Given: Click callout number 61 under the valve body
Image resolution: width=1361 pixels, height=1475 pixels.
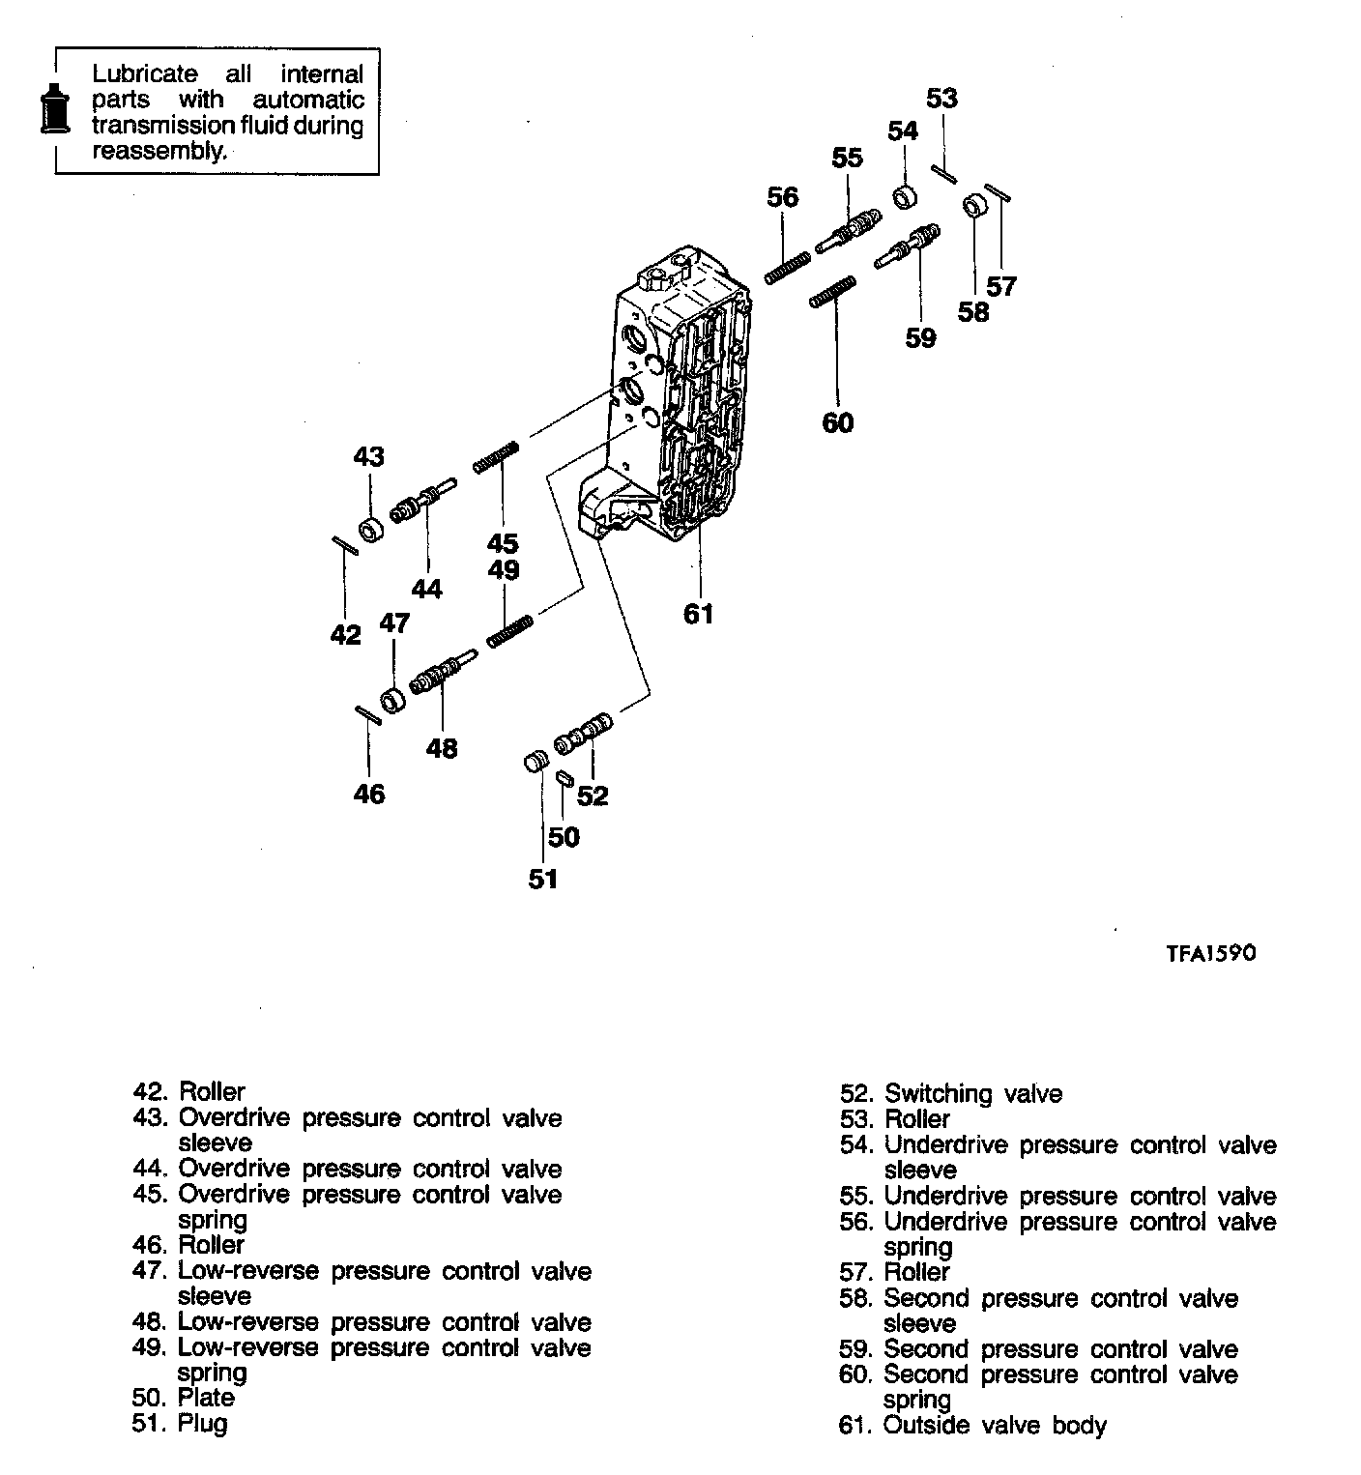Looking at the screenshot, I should point(698,613).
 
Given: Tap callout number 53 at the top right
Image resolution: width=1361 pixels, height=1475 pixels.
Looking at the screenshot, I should point(941,98).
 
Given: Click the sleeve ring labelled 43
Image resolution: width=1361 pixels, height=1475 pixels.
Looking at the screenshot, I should point(370,530).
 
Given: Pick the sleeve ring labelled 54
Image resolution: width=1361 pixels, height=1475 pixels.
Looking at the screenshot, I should point(906,197).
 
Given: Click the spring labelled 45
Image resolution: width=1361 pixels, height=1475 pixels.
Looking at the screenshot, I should point(498,457).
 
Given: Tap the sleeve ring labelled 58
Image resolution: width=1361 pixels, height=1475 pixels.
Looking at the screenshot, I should point(973,207).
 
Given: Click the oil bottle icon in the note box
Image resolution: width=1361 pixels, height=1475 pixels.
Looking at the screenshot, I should point(53,108).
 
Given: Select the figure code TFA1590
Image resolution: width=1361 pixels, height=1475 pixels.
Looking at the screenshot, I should point(1210,953).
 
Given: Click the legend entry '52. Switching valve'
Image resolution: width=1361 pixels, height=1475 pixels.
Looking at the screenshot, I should point(951,1094).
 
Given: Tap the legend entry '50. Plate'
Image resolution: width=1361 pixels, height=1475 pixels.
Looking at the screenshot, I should point(184,1398).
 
